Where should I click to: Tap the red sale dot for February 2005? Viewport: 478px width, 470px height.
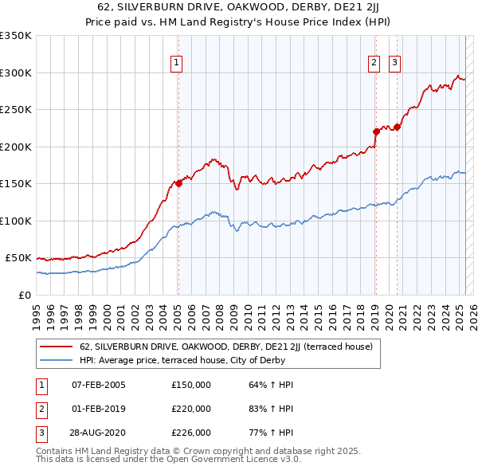tap(178, 182)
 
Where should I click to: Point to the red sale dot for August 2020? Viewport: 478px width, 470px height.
tap(397, 127)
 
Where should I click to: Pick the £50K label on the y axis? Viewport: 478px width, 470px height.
tap(18, 258)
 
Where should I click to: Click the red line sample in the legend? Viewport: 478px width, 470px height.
tap(56, 347)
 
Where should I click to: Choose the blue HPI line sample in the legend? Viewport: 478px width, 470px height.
tap(56, 359)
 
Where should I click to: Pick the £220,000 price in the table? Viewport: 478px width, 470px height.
tap(191, 409)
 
